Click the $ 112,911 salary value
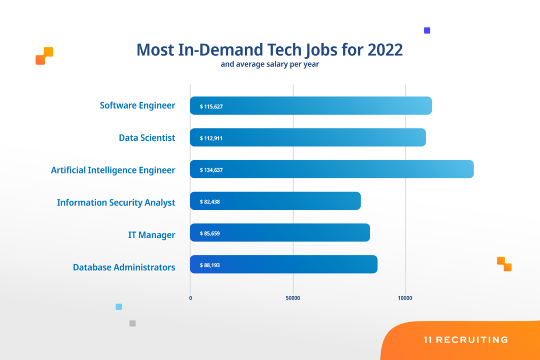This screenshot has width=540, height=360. pos(211,138)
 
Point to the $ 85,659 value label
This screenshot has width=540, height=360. pos(210,233)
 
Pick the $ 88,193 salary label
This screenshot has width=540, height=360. pos(210,265)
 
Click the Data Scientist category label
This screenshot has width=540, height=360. pos(147,138)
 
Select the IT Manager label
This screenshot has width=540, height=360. pos(151,235)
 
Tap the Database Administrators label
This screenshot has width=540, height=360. pos(124,267)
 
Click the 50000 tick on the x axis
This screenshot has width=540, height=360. pos(293,298)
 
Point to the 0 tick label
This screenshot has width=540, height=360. pos(190,298)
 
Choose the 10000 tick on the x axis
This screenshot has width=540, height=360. pos(405,298)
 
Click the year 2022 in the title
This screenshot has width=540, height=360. pos(385,50)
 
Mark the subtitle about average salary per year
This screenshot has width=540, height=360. pos(270,65)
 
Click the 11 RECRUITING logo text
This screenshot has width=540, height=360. pos(466,340)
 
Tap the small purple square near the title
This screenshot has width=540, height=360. pos(427,31)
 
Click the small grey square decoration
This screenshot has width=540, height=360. pos(132,324)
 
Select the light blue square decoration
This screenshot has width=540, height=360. pos(119,307)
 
